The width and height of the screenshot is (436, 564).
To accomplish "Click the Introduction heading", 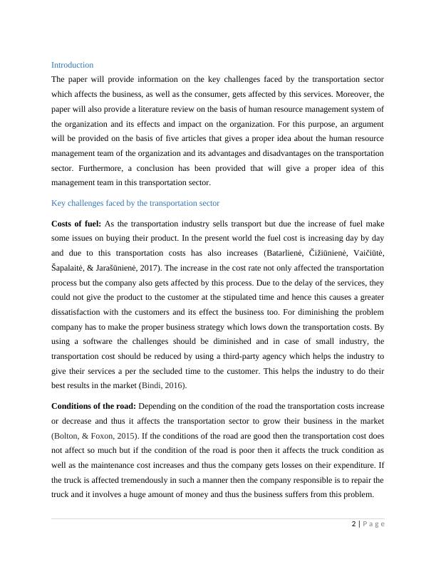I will tap(72, 65).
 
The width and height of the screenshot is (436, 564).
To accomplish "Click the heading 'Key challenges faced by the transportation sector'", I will tap(135, 203).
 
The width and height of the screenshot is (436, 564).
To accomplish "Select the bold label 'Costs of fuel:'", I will tap(76, 224).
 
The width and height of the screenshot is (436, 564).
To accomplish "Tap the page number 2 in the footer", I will tap(353, 524).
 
